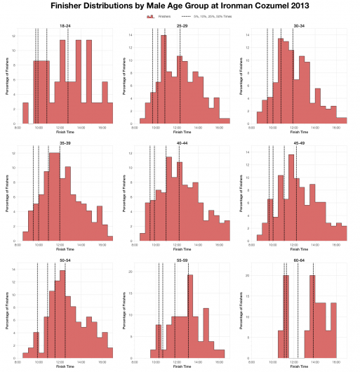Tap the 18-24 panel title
point(65,26)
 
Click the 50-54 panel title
point(65,260)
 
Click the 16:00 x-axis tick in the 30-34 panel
point(338,128)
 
